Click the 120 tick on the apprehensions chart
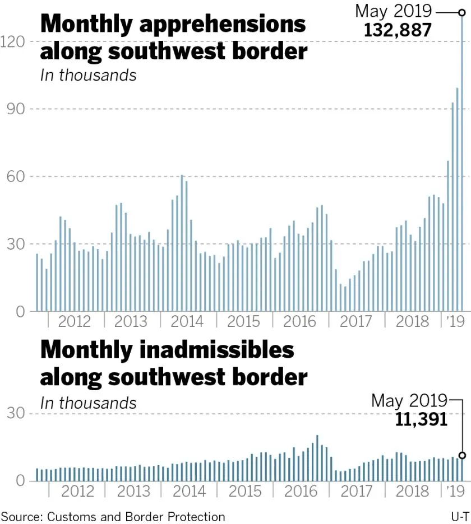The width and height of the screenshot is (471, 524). pos(13,41)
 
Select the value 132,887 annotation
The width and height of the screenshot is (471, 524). pos(398,30)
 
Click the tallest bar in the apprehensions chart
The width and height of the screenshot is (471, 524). pos(462,162)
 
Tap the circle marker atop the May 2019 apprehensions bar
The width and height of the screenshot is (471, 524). pos(462,12)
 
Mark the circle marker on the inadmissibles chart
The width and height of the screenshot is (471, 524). pos(462,455)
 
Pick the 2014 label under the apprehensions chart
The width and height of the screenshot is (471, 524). pos(187,321)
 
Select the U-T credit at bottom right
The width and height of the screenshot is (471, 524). pos(459,516)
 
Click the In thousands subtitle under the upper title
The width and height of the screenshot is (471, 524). pos(88,74)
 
